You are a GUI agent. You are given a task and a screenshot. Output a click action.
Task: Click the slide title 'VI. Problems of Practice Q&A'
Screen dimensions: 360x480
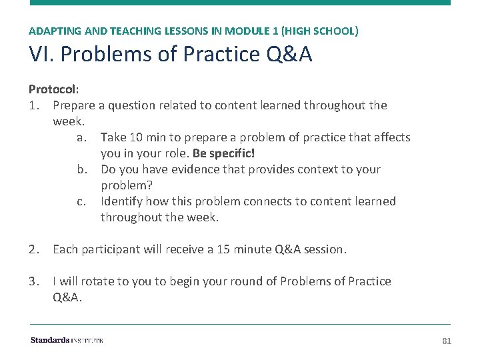pyautogui.click(x=170, y=55)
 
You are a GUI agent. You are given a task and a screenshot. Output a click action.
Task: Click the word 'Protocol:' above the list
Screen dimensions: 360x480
pyautogui.click(x=53, y=89)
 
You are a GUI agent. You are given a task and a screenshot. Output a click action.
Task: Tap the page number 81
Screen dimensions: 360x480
pyautogui.click(x=447, y=341)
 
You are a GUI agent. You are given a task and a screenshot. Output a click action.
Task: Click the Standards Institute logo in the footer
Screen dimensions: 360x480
pyautogui.click(x=67, y=341)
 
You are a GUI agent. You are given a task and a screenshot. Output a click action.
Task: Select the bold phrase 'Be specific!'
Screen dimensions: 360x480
pyautogui.click(x=223, y=153)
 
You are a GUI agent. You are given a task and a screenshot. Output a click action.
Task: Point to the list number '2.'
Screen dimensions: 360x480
pyautogui.click(x=35, y=249)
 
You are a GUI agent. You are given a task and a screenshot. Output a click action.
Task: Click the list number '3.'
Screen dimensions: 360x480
pyautogui.click(x=35, y=281)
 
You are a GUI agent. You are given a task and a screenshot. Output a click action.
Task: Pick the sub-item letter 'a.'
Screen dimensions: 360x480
pyautogui.click(x=81, y=137)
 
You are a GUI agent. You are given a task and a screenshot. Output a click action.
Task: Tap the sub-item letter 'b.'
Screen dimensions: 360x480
pyautogui.click(x=81, y=169)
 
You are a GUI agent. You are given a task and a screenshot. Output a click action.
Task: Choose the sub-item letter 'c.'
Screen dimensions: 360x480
pyautogui.click(x=81, y=201)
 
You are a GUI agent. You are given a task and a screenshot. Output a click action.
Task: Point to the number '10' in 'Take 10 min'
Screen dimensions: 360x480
pyautogui.click(x=137, y=137)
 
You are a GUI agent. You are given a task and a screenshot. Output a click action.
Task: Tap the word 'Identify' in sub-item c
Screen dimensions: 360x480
pyautogui.click(x=121, y=201)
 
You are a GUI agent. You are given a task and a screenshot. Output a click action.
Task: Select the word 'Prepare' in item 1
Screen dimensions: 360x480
pyautogui.click(x=73, y=105)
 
